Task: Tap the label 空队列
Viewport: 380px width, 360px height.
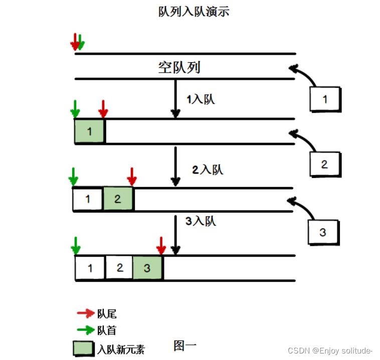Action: point(179,67)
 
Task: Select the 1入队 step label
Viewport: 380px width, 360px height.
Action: point(201,99)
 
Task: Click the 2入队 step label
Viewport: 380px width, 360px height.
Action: point(208,170)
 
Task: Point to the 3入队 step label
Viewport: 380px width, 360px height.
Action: point(201,221)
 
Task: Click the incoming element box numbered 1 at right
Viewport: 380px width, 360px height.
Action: point(325,99)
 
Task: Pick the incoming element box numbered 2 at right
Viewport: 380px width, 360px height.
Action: point(325,164)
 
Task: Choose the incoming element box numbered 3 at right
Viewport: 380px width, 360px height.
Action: point(323,232)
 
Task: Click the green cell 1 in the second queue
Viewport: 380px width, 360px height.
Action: point(89,132)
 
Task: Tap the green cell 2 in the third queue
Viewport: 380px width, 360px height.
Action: point(118,199)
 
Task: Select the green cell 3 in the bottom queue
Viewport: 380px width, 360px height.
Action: point(147,268)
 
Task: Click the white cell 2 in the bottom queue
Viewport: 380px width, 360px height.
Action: point(119,267)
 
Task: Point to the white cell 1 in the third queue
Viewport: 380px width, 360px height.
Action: point(88,199)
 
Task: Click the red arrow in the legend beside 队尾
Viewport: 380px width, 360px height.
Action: point(86,314)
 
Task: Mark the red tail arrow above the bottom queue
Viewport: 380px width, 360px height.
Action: point(161,245)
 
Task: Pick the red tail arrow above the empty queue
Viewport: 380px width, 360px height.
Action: point(75,42)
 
